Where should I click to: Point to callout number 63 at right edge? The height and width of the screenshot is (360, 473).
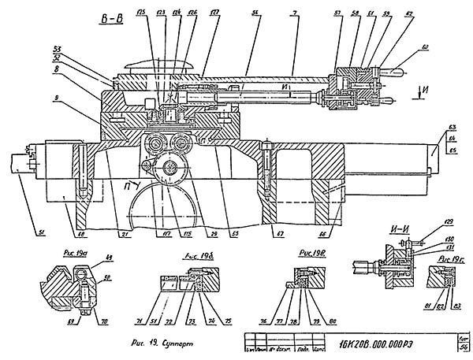pos(453,127)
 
